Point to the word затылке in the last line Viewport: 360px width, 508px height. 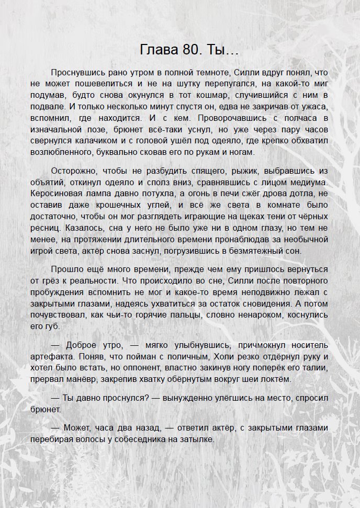pyautogui.click(x=198, y=440)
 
